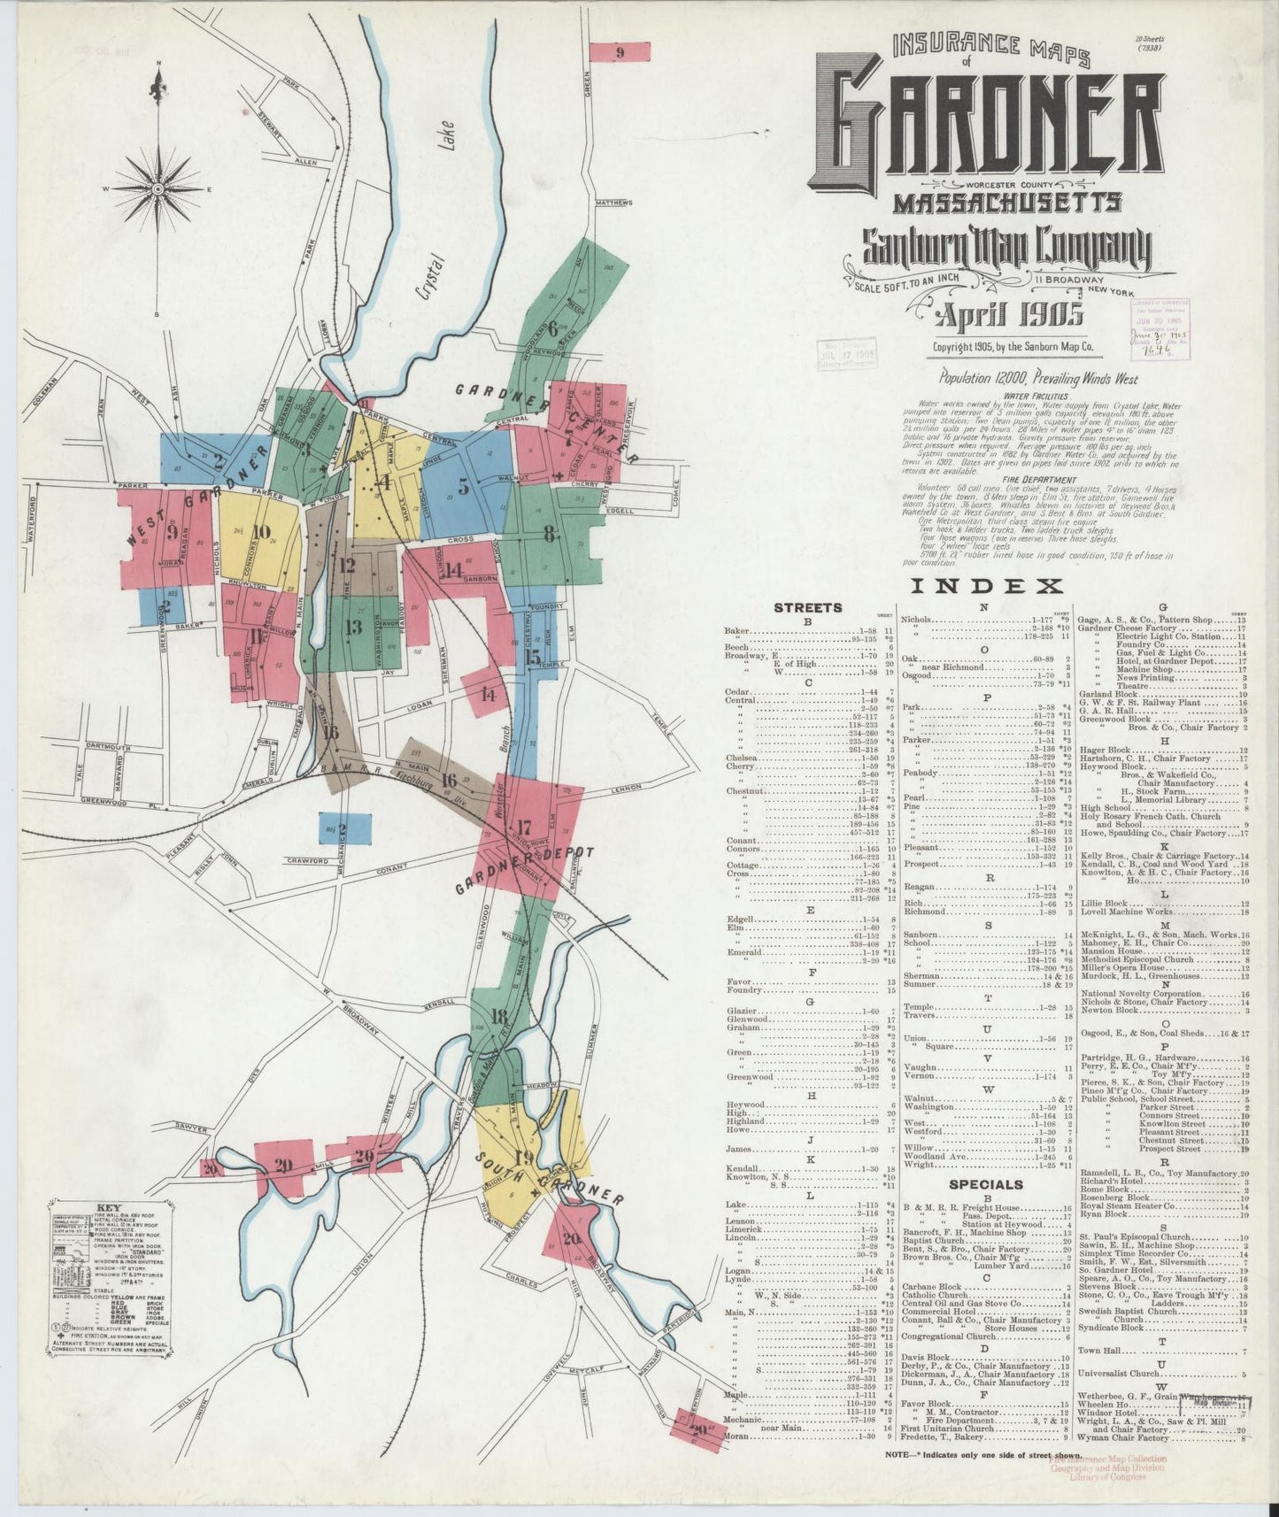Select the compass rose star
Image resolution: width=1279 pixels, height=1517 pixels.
point(158,188)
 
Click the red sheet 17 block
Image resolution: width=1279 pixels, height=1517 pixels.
point(526,828)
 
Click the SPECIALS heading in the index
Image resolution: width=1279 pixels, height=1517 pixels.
point(985,1183)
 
